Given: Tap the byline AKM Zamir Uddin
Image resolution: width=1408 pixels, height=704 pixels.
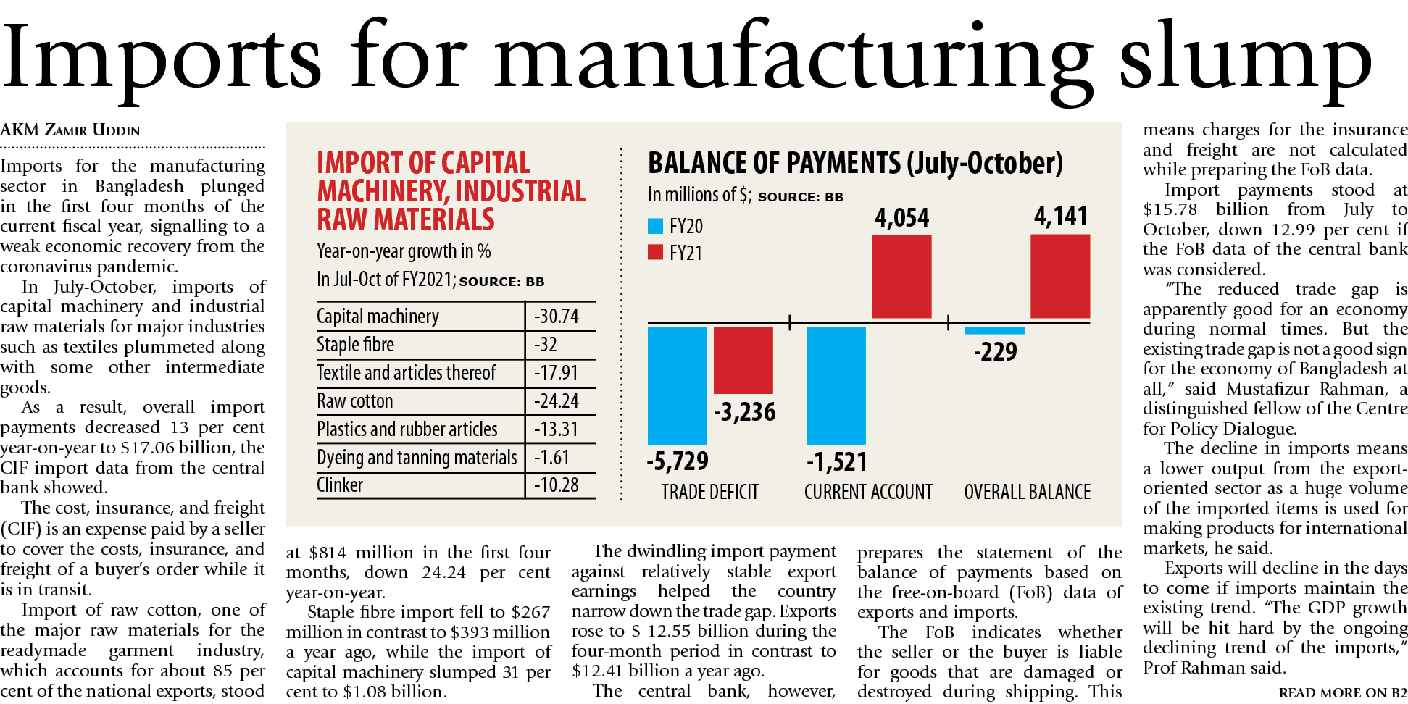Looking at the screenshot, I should pos(70,130).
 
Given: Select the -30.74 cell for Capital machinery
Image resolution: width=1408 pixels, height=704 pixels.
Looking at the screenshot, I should pos(557,317).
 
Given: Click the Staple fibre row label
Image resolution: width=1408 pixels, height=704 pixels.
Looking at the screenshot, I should pos(355,345).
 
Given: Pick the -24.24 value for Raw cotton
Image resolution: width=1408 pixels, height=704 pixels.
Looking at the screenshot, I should pos(557,401).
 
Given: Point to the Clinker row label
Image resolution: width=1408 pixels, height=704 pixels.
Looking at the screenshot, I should pos(340,485).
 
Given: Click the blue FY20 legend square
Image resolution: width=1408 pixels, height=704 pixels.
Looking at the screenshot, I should pos(655,226).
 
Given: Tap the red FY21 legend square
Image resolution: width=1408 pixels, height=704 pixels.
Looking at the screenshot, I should pos(655,252).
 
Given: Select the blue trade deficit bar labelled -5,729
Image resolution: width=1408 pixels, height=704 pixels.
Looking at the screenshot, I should pos(677,385).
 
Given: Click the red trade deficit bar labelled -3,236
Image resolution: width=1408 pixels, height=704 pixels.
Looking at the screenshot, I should pos(743,360).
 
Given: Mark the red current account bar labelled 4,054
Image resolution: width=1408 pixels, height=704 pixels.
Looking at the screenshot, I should pos(901,277).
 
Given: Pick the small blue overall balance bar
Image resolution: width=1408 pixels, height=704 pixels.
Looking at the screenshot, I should pos(994,331).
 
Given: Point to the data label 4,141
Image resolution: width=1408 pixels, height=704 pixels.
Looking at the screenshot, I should pos(1060,217).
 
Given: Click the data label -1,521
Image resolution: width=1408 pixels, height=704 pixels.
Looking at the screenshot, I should pos(836,462).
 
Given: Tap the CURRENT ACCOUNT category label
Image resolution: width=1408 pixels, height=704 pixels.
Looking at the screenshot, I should pos(868,493).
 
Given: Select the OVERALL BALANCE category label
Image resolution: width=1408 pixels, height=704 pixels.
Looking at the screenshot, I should pos(1027,493).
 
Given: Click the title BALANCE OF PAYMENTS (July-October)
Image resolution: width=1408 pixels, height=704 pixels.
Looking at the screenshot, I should pos(855,164).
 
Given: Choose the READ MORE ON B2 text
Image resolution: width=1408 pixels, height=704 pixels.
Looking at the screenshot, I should pos(1342,693).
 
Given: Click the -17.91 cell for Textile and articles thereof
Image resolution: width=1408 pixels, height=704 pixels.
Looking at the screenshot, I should pos(557,373).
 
